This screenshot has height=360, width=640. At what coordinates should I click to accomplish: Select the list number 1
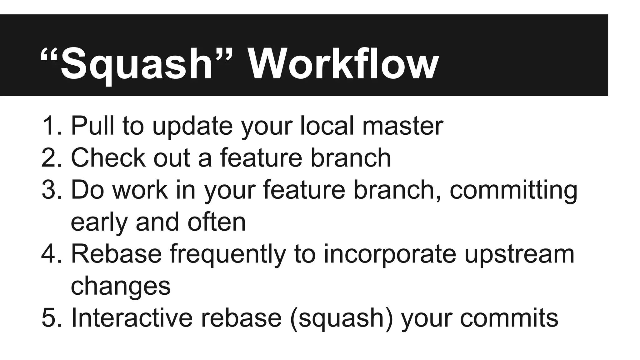(50, 126)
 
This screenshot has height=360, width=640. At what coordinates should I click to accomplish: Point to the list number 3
(50, 190)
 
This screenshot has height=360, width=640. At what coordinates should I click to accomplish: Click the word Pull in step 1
(92, 126)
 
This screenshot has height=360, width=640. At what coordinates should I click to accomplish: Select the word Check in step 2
(108, 158)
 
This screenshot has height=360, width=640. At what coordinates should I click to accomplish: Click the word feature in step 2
(261, 158)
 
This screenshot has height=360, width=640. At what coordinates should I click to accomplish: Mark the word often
(217, 222)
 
